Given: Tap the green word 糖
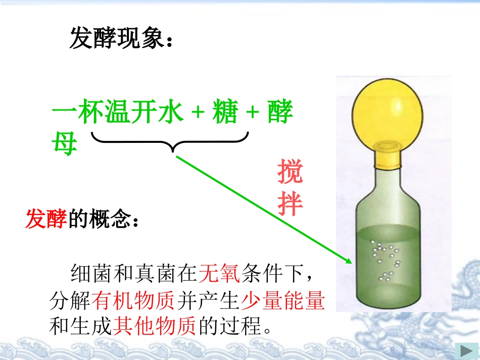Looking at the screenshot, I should pyautogui.click(x=224, y=113).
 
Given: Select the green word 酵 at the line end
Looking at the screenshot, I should pyautogui.click(x=280, y=113).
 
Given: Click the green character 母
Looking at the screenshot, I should pyautogui.click(x=64, y=143).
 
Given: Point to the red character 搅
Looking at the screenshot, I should pyautogui.click(x=290, y=172).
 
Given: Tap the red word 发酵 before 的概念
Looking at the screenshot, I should pyautogui.click(x=46, y=220).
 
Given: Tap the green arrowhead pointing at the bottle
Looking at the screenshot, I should pyautogui.click(x=347, y=260).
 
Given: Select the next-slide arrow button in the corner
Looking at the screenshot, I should pyautogui.click(x=463, y=350).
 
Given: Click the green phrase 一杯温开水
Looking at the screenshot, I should pyautogui.click(x=117, y=113).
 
